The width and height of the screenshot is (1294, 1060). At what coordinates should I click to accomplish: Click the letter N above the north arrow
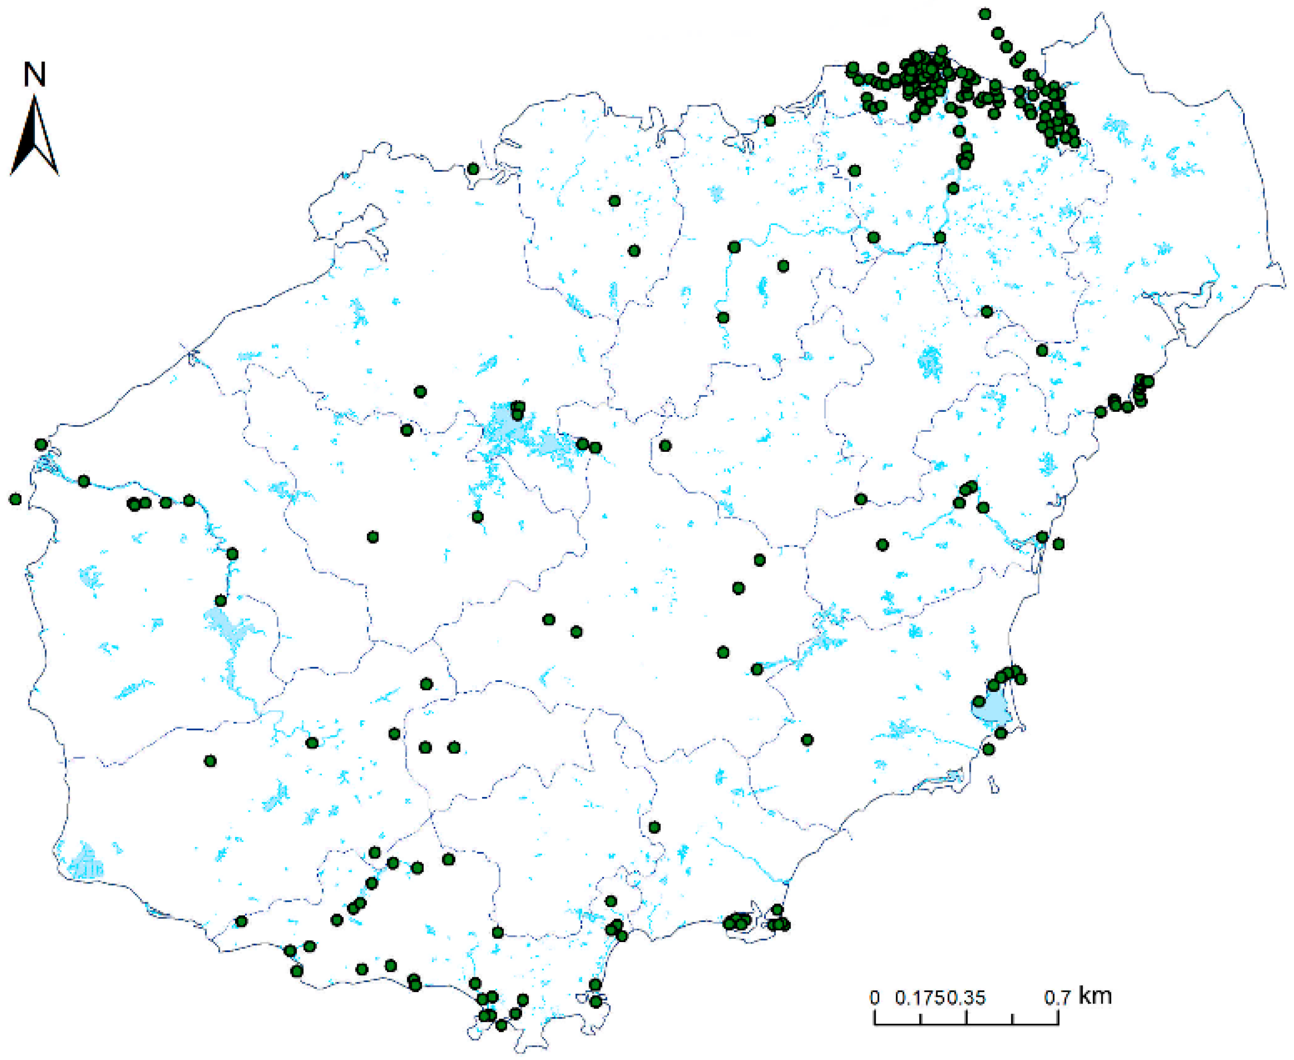[34, 75]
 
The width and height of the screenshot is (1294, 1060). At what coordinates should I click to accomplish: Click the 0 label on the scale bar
[875, 998]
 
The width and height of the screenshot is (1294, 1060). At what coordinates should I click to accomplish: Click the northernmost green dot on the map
[985, 13]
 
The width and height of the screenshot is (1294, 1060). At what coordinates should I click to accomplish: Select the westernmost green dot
[15, 499]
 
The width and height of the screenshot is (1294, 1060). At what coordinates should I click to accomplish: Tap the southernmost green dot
[501, 1025]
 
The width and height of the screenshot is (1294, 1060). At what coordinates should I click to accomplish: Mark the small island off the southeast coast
[994, 785]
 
